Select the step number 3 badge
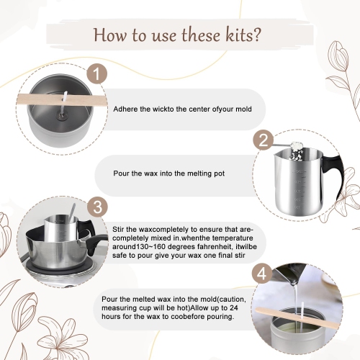(95, 207)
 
